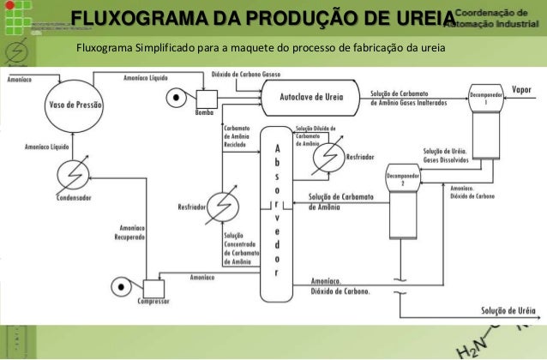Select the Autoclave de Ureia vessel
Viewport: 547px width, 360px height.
(x=311, y=99)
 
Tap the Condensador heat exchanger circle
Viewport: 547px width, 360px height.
(x=73, y=175)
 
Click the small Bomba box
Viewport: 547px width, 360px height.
(x=206, y=99)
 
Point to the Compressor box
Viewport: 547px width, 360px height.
(x=156, y=289)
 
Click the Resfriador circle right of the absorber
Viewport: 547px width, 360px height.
(x=327, y=158)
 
